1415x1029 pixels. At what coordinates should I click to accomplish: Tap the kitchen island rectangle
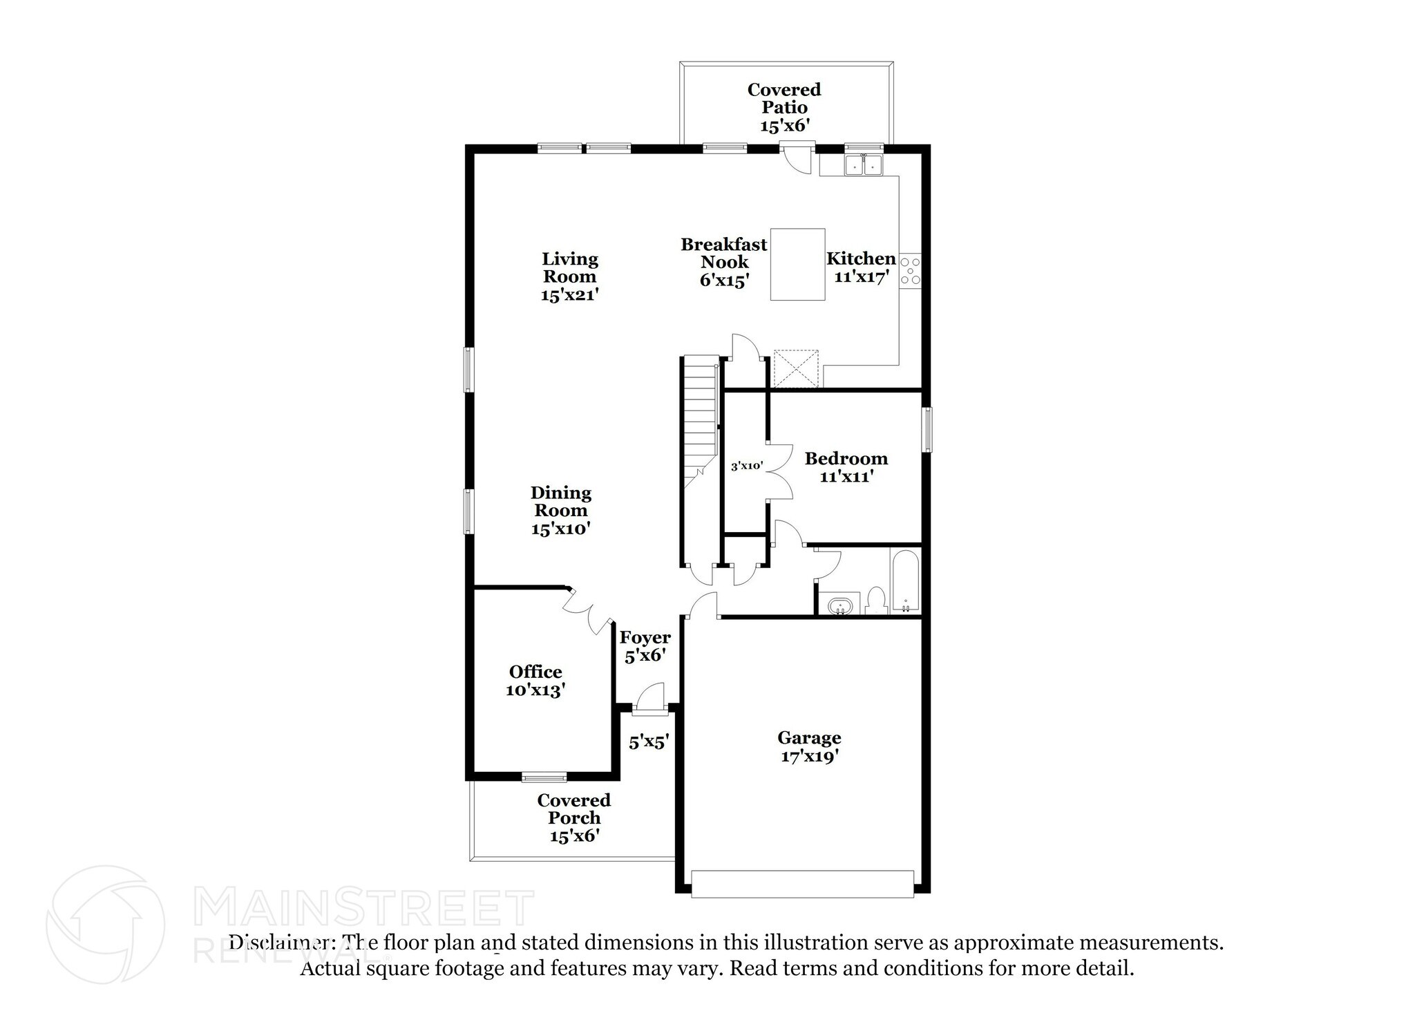pyautogui.click(x=797, y=264)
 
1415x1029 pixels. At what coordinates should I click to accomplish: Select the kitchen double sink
pyautogui.click(x=864, y=164)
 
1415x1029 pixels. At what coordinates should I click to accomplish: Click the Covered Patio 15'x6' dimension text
pyautogui.click(x=784, y=126)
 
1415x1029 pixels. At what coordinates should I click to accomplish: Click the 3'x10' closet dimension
pyautogui.click(x=746, y=466)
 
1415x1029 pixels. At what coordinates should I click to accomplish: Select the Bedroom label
pyautogui.click(x=846, y=458)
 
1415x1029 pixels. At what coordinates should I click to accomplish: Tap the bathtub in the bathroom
pyautogui.click(x=905, y=580)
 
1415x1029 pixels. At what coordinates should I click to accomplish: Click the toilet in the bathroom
pyautogui.click(x=876, y=601)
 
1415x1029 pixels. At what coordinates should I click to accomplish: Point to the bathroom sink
pyautogui.click(x=840, y=605)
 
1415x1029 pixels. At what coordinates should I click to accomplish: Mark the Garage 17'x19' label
pyautogui.click(x=809, y=747)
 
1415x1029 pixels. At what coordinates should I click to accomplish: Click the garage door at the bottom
pyautogui.click(x=802, y=884)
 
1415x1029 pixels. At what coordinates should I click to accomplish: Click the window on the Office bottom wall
pyautogui.click(x=544, y=777)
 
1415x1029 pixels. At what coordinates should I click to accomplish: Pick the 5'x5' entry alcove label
pyautogui.click(x=647, y=743)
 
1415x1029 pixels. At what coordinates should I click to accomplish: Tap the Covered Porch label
pyautogui.click(x=573, y=809)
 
